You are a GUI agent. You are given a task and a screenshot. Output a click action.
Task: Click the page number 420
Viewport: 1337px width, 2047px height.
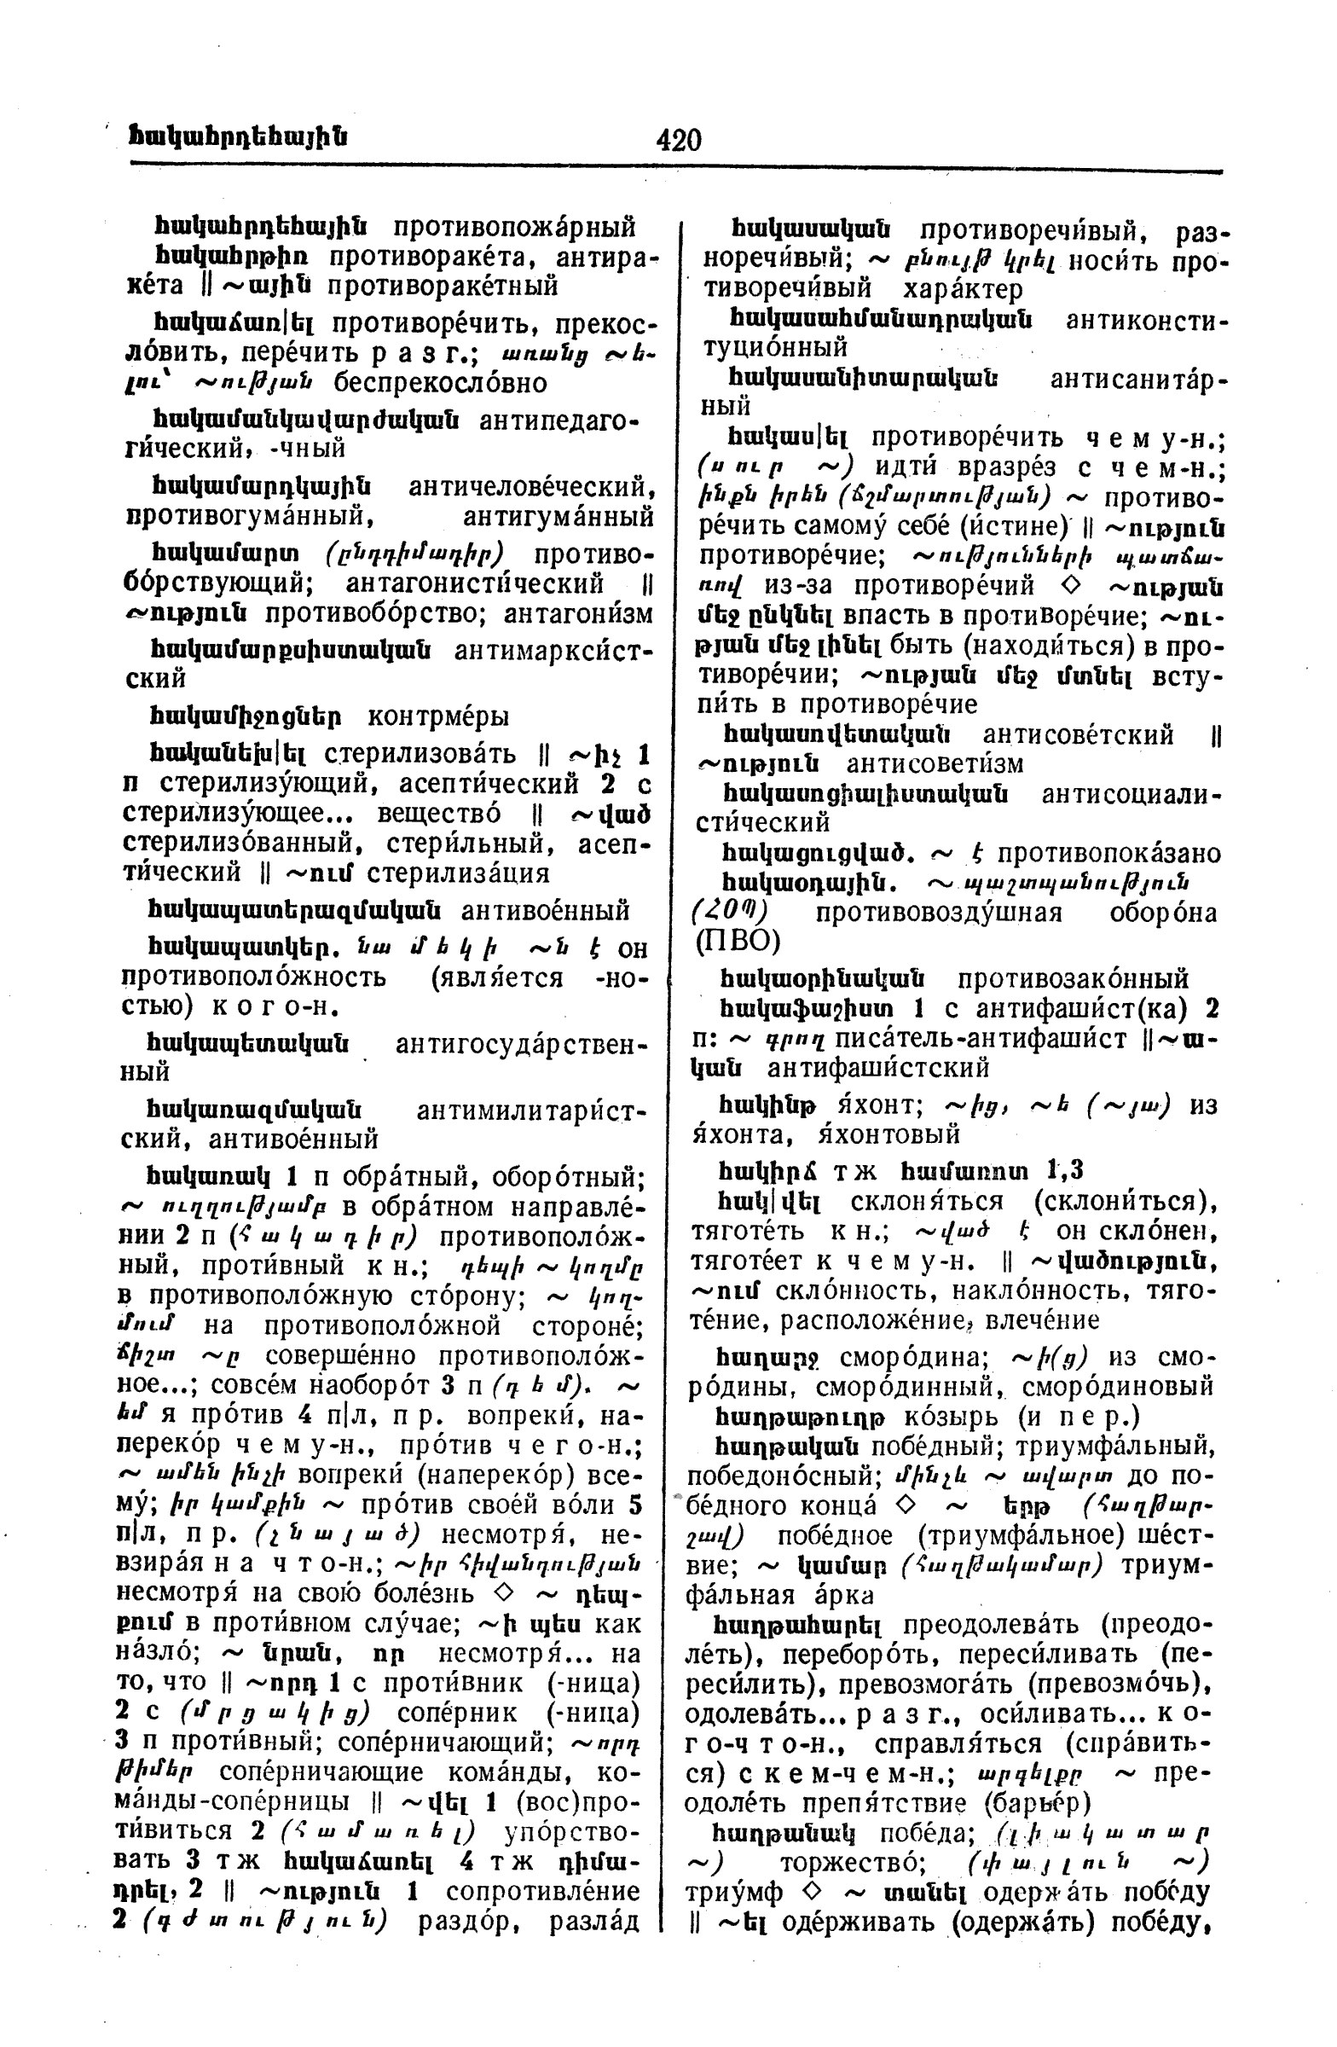678,139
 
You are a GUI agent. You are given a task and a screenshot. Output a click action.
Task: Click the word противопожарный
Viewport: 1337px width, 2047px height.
514,228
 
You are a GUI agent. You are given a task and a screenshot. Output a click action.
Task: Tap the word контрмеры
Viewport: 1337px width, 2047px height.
437,716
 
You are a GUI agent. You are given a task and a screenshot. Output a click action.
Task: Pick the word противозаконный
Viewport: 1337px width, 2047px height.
1072,979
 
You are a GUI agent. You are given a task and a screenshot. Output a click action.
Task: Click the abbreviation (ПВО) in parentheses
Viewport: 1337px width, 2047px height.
737,942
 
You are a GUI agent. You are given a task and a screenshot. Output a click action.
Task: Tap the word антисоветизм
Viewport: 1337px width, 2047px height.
935,763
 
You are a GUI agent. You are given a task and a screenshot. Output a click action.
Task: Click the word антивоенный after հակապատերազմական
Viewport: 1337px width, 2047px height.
545,910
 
